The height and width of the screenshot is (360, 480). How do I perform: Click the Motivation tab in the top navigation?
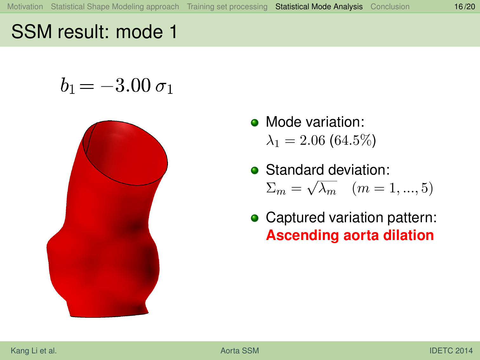tap(25, 7)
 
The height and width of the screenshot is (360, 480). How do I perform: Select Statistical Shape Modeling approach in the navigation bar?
tap(115, 7)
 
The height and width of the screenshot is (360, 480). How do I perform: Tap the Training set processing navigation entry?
tap(227, 7)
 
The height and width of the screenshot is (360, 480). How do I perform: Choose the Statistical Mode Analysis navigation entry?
tap(319, 7)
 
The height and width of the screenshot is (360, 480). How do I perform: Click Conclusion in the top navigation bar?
tap(390, 7)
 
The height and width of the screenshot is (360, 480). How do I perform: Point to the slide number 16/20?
tap(464, 7)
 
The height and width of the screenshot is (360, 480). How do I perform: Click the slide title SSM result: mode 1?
tap(94, 32)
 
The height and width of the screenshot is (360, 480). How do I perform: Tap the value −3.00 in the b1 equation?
tap(125, 85)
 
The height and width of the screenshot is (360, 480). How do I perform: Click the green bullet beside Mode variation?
tap(255, 123)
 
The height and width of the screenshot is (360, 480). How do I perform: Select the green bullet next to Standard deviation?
tap(255, 170)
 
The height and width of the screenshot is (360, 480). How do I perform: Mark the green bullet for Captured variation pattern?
tap(255, 218)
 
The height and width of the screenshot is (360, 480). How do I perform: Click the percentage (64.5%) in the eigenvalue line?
tap(353, 140)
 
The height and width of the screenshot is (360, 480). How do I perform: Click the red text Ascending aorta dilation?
tap(350, 235)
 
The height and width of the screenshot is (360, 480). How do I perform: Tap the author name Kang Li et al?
tap(34, 350)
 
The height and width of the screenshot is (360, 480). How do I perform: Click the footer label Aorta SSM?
tap(240, 350)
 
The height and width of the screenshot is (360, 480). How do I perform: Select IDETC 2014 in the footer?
tap(451, 350)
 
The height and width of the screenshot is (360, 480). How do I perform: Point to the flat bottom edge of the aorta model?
tap(109, 316)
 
